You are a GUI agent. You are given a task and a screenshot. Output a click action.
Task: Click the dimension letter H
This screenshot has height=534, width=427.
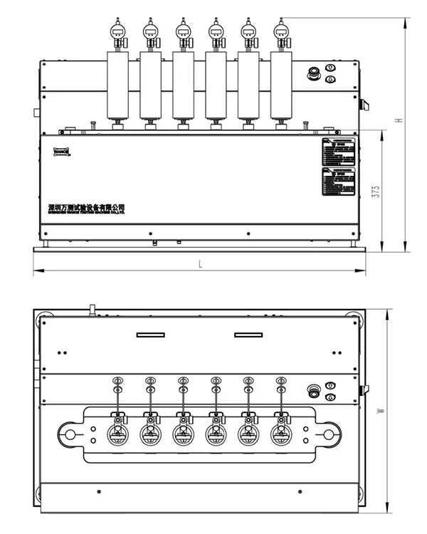coord(400,120)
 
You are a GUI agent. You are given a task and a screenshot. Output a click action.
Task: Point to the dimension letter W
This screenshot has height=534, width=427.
coord(381,411)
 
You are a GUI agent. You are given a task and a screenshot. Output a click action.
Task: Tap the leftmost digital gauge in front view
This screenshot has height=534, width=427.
coord(117,32)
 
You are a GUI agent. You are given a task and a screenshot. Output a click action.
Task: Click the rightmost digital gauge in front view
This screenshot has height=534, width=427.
coord(281,32)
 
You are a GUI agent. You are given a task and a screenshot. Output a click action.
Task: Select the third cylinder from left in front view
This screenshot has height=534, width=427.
coord(183,85)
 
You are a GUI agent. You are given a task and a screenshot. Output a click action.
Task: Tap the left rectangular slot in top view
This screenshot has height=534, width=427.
coord(151,335)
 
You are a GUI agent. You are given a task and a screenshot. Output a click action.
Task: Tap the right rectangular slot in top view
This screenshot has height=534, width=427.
coord(249,335)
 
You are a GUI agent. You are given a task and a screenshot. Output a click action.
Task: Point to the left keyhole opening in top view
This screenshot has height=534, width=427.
coord(70,433)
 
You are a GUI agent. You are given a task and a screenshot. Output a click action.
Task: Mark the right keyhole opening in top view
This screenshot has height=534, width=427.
coord(328,433)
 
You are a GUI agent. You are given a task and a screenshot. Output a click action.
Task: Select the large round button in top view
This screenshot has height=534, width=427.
coord(313,390)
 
